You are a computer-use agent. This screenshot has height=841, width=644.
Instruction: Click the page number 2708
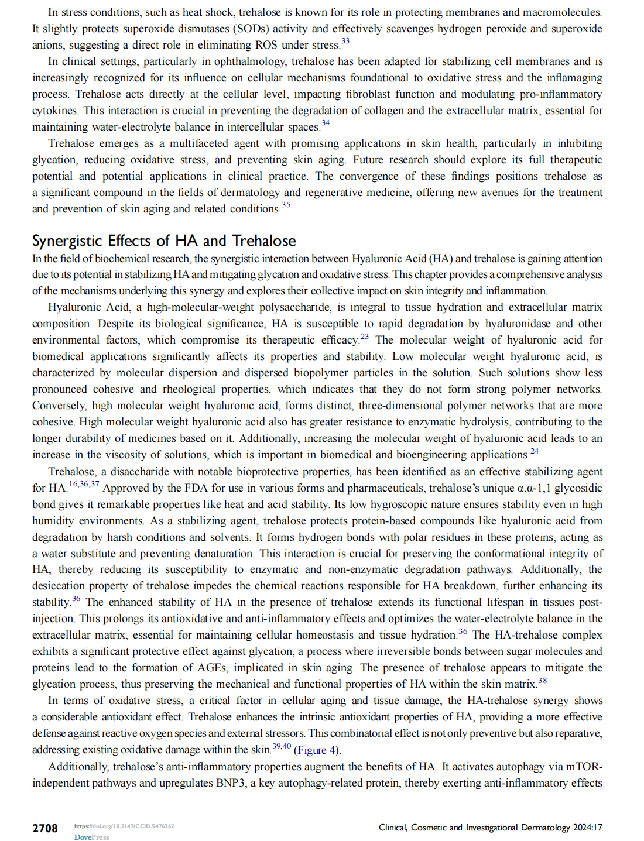(45, 828)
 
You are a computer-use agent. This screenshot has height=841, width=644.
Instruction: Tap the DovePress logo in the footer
(91, 837)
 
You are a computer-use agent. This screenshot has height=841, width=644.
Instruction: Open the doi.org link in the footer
(124, 826)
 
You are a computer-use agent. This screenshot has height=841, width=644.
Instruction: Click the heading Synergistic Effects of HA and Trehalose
(164, 241)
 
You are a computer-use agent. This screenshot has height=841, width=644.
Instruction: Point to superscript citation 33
(345, 41)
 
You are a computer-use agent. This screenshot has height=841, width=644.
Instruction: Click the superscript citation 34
(326, 123)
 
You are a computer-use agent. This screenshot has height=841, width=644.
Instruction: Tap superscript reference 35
(286, 205)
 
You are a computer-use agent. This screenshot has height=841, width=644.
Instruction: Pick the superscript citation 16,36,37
(84, 484)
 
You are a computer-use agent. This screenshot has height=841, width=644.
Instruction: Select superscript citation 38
(543, 680)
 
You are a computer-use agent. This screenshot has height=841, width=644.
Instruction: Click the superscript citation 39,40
(282, 746)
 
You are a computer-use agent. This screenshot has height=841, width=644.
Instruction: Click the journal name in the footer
(474, 828)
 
